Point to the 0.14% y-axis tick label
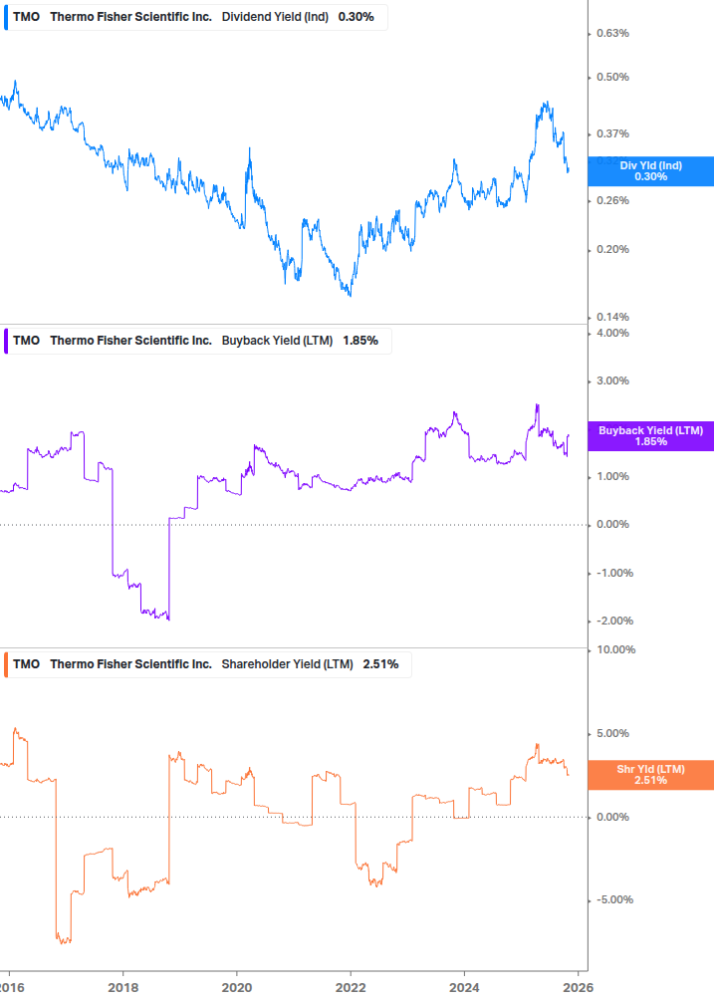coord(612,318)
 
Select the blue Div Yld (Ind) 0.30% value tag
coord(650,171)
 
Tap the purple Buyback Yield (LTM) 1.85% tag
coord(650,436)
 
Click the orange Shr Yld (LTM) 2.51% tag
coord(650,775)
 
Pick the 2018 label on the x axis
coord(122,987)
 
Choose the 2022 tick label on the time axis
coord(351,987)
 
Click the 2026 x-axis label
coord(579,987)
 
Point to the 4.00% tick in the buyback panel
coord(612,333)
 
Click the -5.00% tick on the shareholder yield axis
coord(610,900)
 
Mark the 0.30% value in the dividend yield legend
coord(356,17)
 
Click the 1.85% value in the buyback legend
coord(360,341)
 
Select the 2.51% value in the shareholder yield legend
coord(379,664)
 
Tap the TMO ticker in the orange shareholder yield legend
coord(26,664)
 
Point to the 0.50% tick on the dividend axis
coord(612,78)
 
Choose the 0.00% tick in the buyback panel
coord(612,525)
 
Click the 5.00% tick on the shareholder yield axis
coord(612,734)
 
